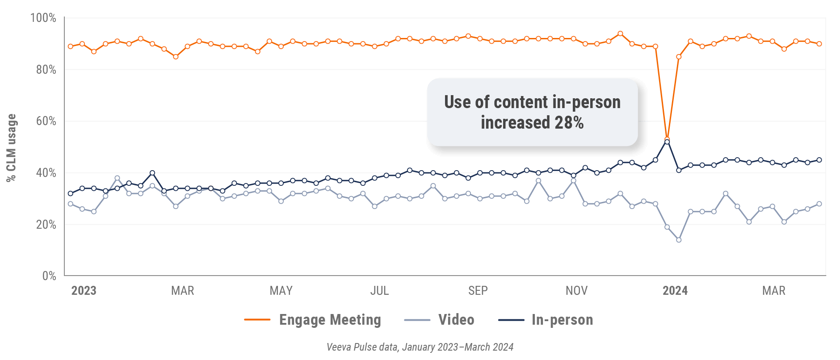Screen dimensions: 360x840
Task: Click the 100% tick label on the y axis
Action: [43, 18]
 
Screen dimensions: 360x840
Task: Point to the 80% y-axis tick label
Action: [46, 70]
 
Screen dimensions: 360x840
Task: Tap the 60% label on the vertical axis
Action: [46, 121]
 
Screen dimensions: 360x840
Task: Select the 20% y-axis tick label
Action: [46, 225]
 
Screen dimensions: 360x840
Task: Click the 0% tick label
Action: [49, 276]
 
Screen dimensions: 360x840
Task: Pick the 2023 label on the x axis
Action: [84, 291]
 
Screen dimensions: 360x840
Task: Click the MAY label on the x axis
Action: [281, 291]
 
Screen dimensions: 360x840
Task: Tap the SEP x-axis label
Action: [478, 291]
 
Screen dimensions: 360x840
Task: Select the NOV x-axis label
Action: [576, 291]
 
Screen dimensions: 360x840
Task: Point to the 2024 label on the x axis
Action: [675, 291]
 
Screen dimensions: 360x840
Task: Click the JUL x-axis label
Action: [379, 291]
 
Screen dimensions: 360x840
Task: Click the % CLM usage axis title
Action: [11, 147]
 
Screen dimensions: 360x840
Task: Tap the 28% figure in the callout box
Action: [569, 122]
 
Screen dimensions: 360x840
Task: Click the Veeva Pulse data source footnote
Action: [420, 347]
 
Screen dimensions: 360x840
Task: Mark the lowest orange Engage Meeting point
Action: [667, 139]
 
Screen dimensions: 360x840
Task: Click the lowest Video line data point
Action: [679, 240]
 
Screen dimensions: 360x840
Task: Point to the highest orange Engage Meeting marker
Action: [620, 33]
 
